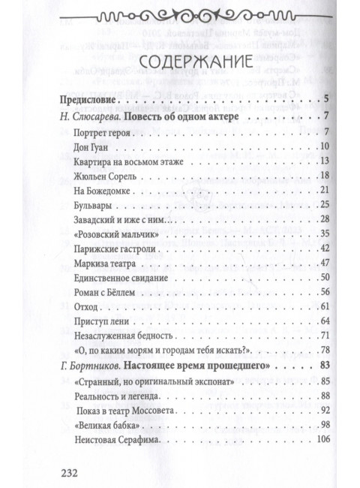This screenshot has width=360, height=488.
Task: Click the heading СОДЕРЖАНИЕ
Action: tap(180, 61)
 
